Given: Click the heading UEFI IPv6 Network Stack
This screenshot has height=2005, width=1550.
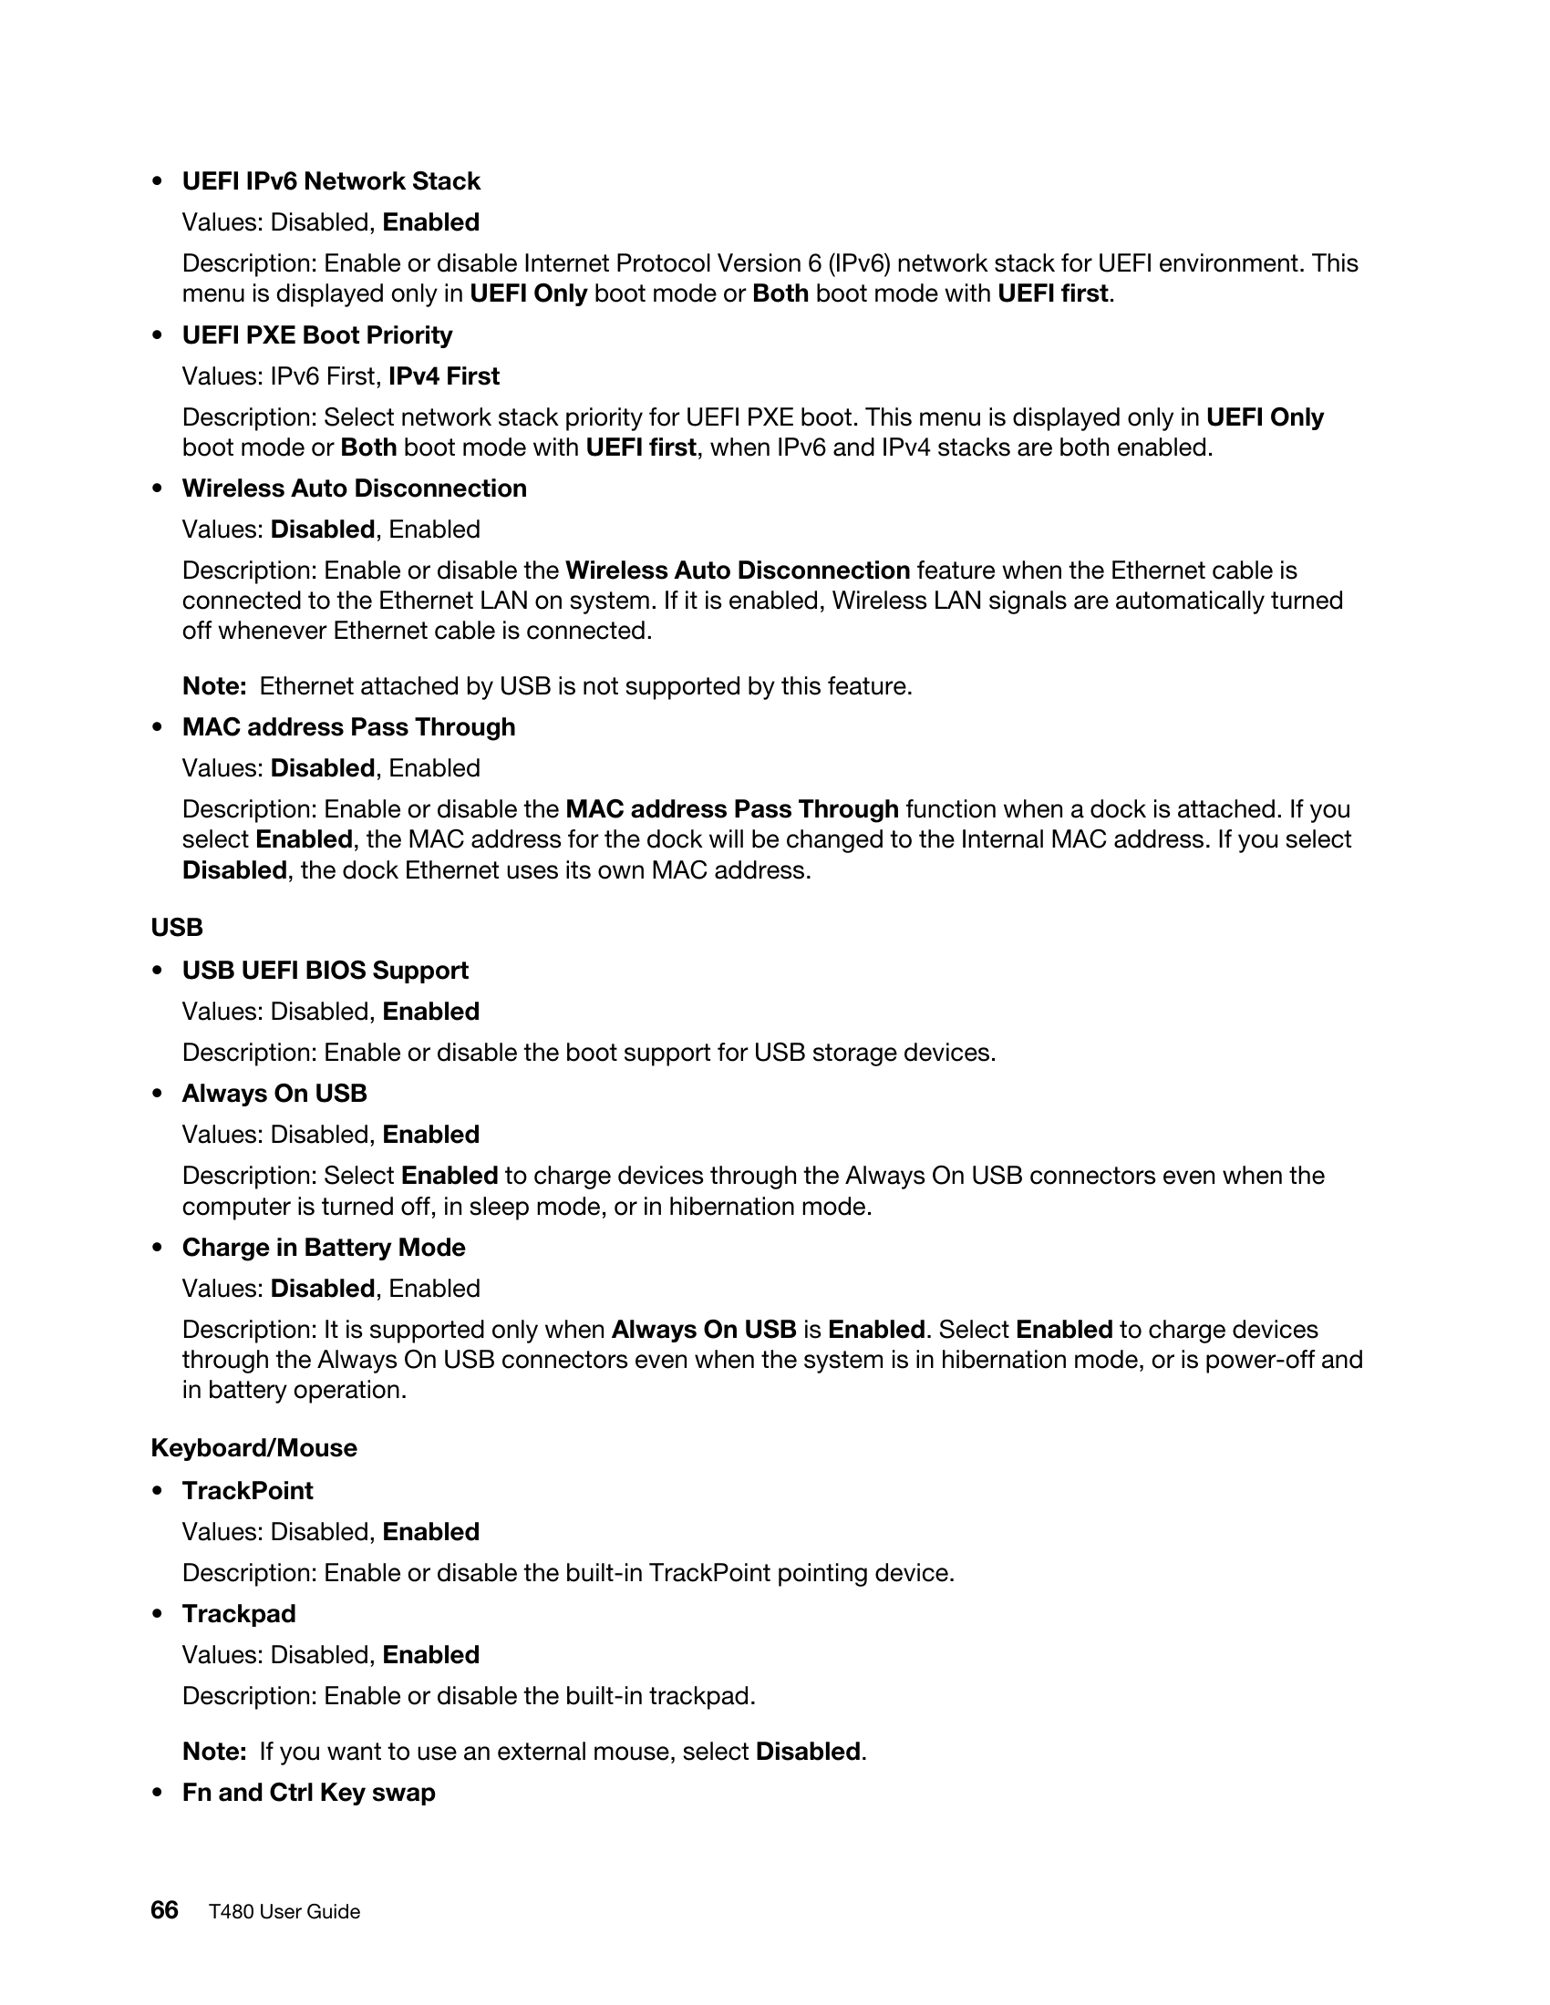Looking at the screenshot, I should (331, 180).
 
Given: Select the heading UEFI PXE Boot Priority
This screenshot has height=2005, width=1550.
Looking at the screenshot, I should (316, 335).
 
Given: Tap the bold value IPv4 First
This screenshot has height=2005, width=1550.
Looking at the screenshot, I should (443, 376).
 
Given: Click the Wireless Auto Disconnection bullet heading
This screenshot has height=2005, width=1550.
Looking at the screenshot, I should (354, 488).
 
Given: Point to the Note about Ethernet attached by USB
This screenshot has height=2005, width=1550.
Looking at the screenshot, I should (547, 685).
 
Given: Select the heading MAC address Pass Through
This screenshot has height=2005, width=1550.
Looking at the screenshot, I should (348, 727).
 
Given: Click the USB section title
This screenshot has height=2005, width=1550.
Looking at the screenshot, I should (176, 927).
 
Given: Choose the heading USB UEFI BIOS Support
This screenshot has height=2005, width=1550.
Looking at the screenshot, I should (325, 971).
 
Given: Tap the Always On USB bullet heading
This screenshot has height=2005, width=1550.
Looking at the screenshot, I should (274, 1094).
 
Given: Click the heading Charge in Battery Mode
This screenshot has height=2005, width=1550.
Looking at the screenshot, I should (324, 1248).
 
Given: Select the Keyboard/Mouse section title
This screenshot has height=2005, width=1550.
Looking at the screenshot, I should (253, 1448).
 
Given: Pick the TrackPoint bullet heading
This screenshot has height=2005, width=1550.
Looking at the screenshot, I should (247, 1491).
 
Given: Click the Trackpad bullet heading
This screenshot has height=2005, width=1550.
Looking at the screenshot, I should (239, 1614).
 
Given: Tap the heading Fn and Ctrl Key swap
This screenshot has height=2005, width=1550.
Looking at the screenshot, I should (308, 1792).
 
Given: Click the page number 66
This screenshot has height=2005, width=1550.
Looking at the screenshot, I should (164, 1910).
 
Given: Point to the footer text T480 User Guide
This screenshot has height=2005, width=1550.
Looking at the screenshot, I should (284, 1912).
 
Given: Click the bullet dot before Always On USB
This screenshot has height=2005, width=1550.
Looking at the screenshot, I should (158, 1095).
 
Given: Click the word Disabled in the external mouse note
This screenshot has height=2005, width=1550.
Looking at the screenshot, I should (807, 1752).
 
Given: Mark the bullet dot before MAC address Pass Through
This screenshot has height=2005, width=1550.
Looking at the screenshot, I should (158, 728).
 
